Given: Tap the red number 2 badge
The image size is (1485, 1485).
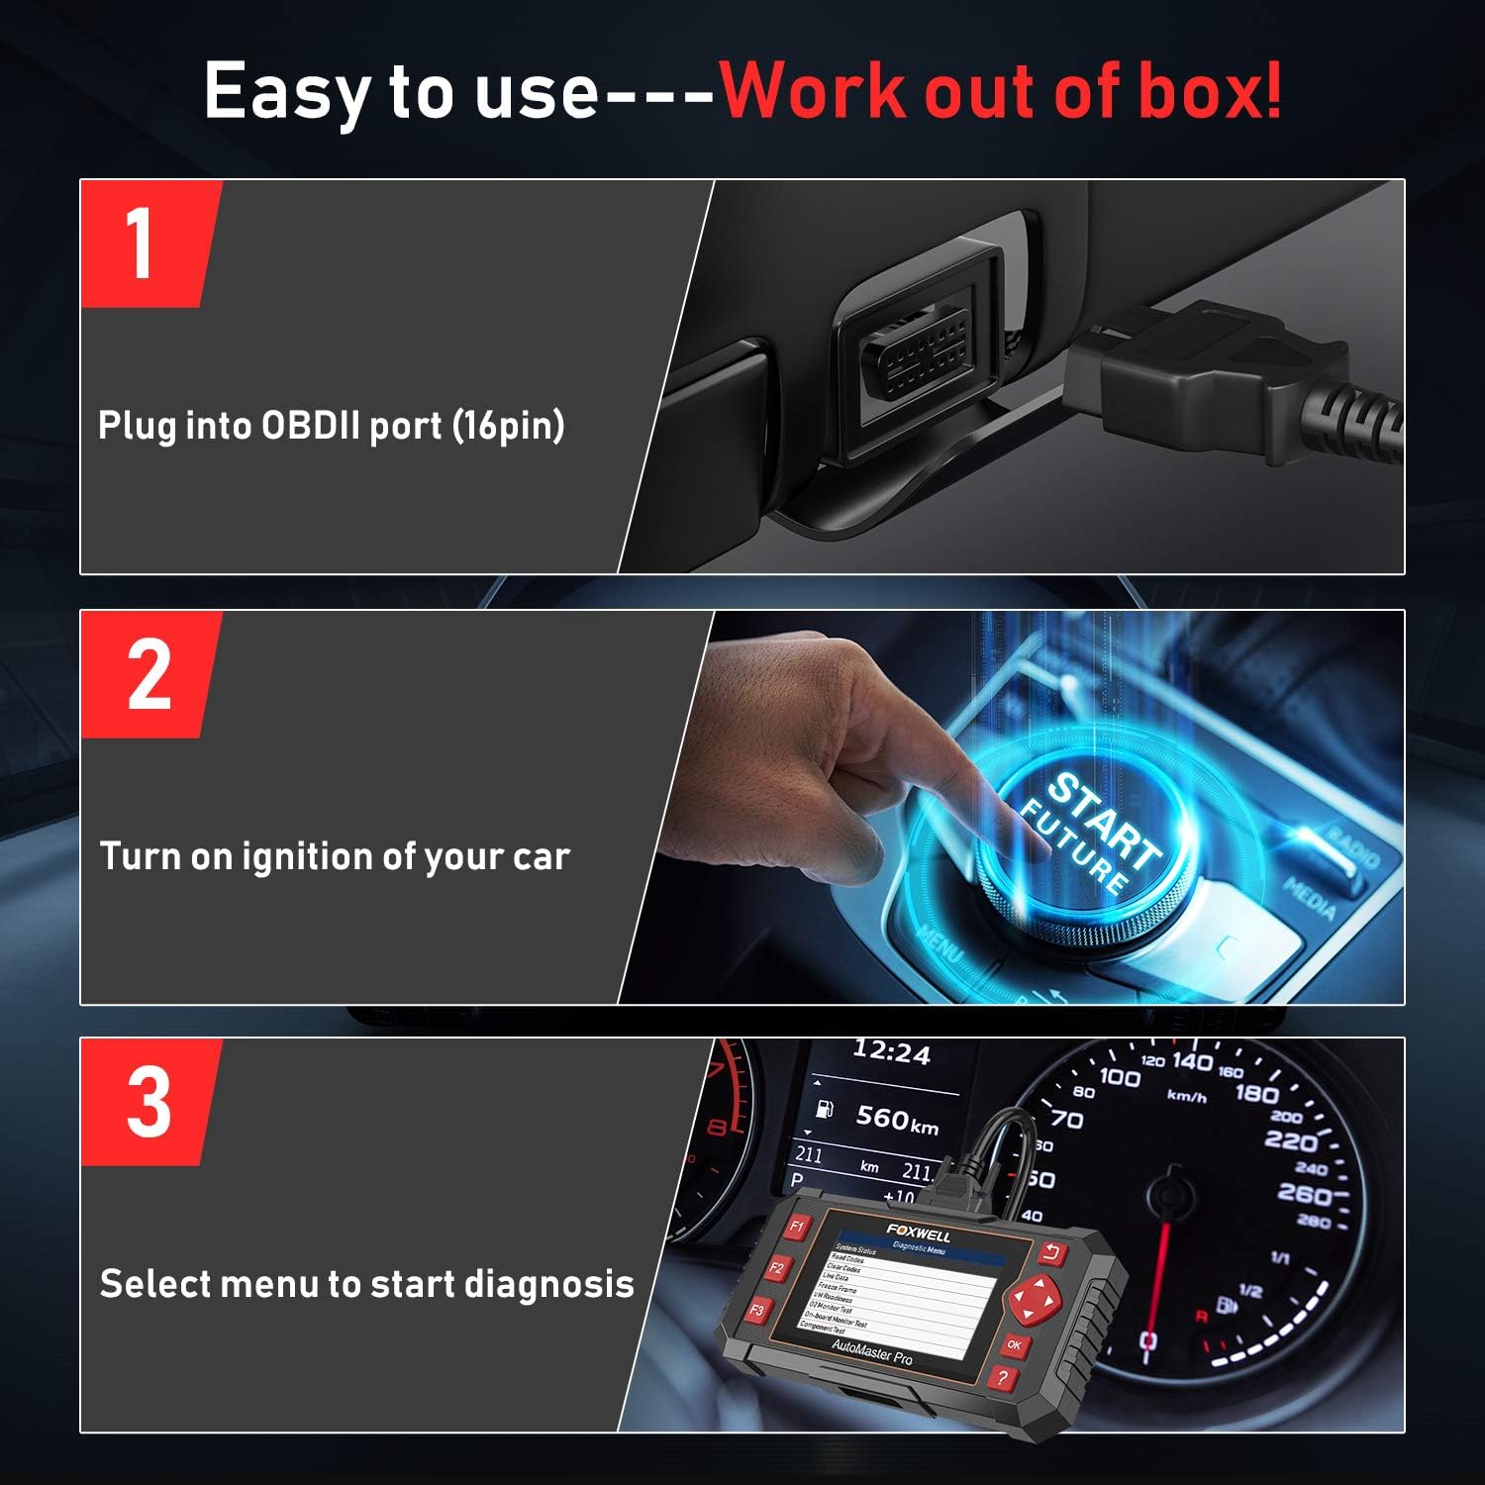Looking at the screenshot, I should pyautogui.click(x=148, y=675).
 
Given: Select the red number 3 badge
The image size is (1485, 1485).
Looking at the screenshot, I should pyautogui.click(x=148, y=1102).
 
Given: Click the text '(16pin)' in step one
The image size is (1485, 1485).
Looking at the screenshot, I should pyautogui.click(x=508, y=426).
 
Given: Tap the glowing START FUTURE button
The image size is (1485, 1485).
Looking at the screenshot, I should pyautogui.click(x=1089, y=837).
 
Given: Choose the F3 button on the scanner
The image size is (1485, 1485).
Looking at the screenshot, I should pyautogui.click(x=757, y=1310).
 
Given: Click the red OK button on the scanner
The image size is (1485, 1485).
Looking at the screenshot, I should pyautogui.click(x=1014, y=1345).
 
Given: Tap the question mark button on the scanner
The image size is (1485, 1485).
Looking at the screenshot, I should pyautogui.click(x=1002, y=1377).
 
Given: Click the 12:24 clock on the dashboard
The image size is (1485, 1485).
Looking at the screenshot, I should pyautogui.click(x=891, y=1053).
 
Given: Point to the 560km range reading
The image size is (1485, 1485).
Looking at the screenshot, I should pyautogui.click(x=897, y=1119).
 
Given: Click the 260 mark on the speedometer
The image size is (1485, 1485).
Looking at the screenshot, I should pyautogui.click(x=1304, y=1194).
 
